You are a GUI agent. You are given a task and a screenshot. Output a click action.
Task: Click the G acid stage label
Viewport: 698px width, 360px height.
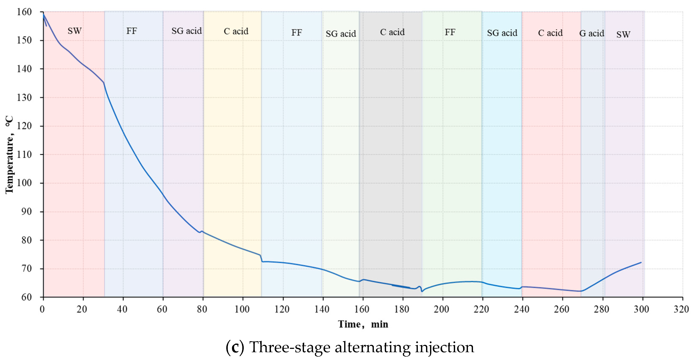(591, 33)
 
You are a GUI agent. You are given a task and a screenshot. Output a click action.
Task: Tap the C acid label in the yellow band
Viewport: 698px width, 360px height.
(236, 31)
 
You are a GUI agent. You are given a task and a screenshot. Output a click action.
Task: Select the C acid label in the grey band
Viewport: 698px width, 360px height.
(392, 32)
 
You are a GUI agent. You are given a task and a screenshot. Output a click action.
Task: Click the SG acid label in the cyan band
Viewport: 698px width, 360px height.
(502, 33)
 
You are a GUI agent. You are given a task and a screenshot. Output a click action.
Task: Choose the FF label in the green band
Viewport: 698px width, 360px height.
(450, 32)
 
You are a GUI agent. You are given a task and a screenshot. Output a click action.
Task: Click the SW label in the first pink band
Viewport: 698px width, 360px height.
(74, 31)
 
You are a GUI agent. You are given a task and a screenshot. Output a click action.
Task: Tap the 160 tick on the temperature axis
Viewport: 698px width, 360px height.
(24, 12)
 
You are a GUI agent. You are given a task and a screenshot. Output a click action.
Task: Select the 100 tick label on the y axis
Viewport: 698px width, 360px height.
(24, 183)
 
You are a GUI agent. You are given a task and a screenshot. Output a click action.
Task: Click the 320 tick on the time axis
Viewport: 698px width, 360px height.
(681, 309)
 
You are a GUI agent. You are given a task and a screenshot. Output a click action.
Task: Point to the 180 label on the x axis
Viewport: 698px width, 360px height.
(402, 309)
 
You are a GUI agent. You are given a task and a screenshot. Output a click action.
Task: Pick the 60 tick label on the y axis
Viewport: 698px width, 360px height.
(27, 297)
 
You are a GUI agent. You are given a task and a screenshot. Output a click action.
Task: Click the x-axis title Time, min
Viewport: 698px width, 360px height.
(363, 324)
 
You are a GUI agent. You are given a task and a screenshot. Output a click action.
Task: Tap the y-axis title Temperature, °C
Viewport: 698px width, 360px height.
(9, 155)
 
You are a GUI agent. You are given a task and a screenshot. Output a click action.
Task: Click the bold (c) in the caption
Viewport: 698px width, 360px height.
(235, 347)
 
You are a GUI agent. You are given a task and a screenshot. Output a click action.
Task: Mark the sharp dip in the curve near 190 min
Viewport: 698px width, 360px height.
(422, 291)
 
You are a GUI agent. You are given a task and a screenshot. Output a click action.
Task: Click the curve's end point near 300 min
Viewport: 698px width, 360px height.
(641, 262)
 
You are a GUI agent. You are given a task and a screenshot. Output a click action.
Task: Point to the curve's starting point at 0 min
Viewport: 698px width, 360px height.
(44, 15)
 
